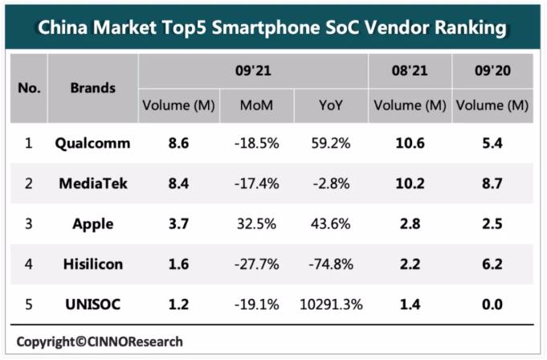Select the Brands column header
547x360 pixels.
click(x=92, y=88)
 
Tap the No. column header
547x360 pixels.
click(x=29, y=88)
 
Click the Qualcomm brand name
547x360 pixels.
click(x=92, y=144)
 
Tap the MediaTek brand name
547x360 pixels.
click(x=92, y=184)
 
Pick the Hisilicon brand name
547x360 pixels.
click(x=92, y=264)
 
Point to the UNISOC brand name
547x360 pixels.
click(x=92, y=305)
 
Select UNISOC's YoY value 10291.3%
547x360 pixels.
click(x=329, y=305)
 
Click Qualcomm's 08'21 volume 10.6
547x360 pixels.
click(x=410, y=144)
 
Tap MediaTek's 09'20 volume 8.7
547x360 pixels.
click(x=491, y=184)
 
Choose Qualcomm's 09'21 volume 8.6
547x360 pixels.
click(x=178, y=144)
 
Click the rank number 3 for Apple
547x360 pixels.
click(x=28, y=224)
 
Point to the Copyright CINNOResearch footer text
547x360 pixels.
click(x=100, y=342)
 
